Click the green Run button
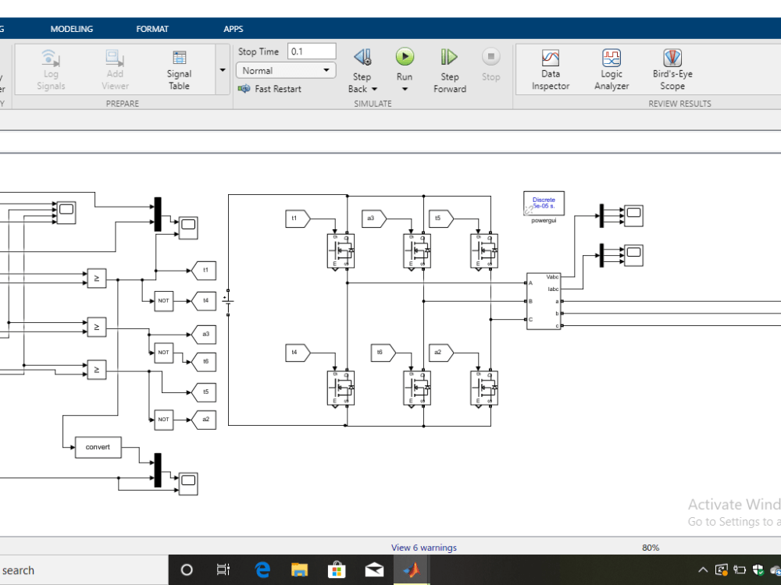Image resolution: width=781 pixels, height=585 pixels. pyautogui.click(x=405, y=57)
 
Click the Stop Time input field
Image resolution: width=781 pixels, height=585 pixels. pyautogui.click(x=312, y=51)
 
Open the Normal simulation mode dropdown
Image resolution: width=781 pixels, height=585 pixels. pyautogui.click(x=286, y=70)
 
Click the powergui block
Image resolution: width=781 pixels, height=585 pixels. pyautogui.click(x=544, y=203)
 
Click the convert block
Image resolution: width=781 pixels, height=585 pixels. pyautogui.click(x=98, y=447)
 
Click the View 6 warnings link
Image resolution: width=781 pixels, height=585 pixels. pyautogui.click(x=424, y=548)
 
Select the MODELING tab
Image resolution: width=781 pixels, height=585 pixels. pyautogui.click(x=71, y=29)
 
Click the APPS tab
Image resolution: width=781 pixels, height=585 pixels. pyautogui.click(x=233, y=29)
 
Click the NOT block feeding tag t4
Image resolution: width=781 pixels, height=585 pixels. pyautogui.click(x=163, y=300)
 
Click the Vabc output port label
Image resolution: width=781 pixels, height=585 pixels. pyautogui.click(x=553, y=276)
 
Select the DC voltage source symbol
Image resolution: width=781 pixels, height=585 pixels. pyautogui.click(x=228, y=300)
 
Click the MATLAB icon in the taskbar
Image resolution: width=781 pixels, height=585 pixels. pyautogui.click(x=410, y=570)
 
